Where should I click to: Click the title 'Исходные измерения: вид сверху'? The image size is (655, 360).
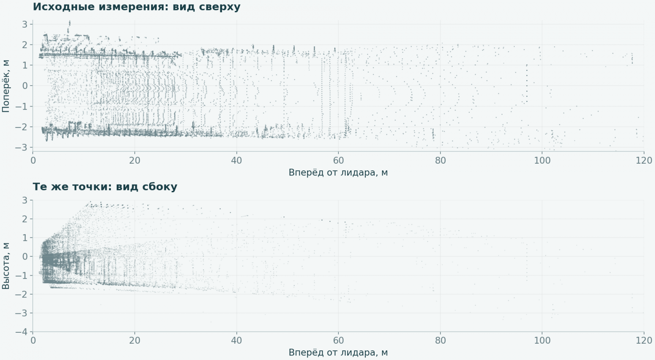tap(136, 7)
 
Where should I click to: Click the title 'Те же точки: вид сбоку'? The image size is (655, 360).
tap(105, 187)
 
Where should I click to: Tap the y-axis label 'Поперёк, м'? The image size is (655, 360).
tap(6, 86)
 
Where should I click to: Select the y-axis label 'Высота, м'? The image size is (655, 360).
tap(6, 266)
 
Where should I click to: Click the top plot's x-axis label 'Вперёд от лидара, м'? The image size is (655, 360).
tap(338, 172)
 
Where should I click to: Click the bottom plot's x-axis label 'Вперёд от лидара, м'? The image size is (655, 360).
tap(338, 352)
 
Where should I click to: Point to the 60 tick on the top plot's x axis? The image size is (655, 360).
tap(338, 160)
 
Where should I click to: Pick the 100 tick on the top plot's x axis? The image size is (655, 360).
tap(542, 160)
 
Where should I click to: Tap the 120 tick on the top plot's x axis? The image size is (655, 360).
tap(644, 160)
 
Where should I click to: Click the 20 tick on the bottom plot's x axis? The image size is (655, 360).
tap(134, 340)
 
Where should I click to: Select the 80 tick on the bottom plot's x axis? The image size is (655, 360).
tap(440, 340)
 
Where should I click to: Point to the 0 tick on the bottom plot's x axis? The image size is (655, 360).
tap(33, 340)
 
